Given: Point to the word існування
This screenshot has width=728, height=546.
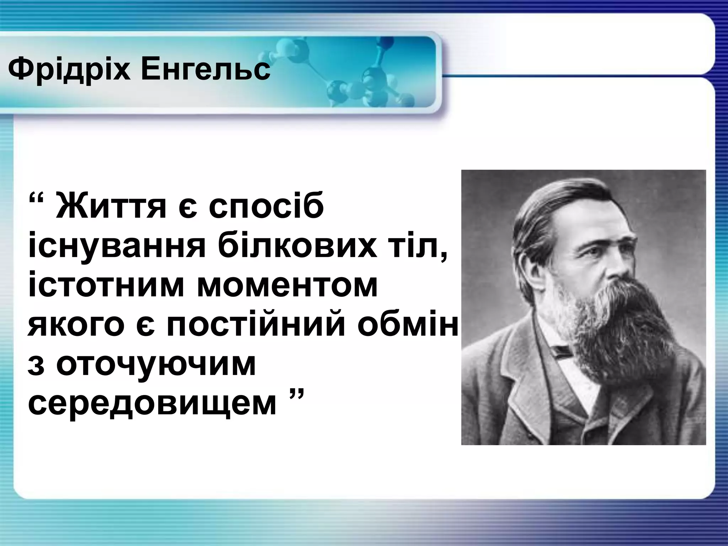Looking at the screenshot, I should coord(117,246).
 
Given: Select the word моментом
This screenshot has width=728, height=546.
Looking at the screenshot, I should coord(287,286).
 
